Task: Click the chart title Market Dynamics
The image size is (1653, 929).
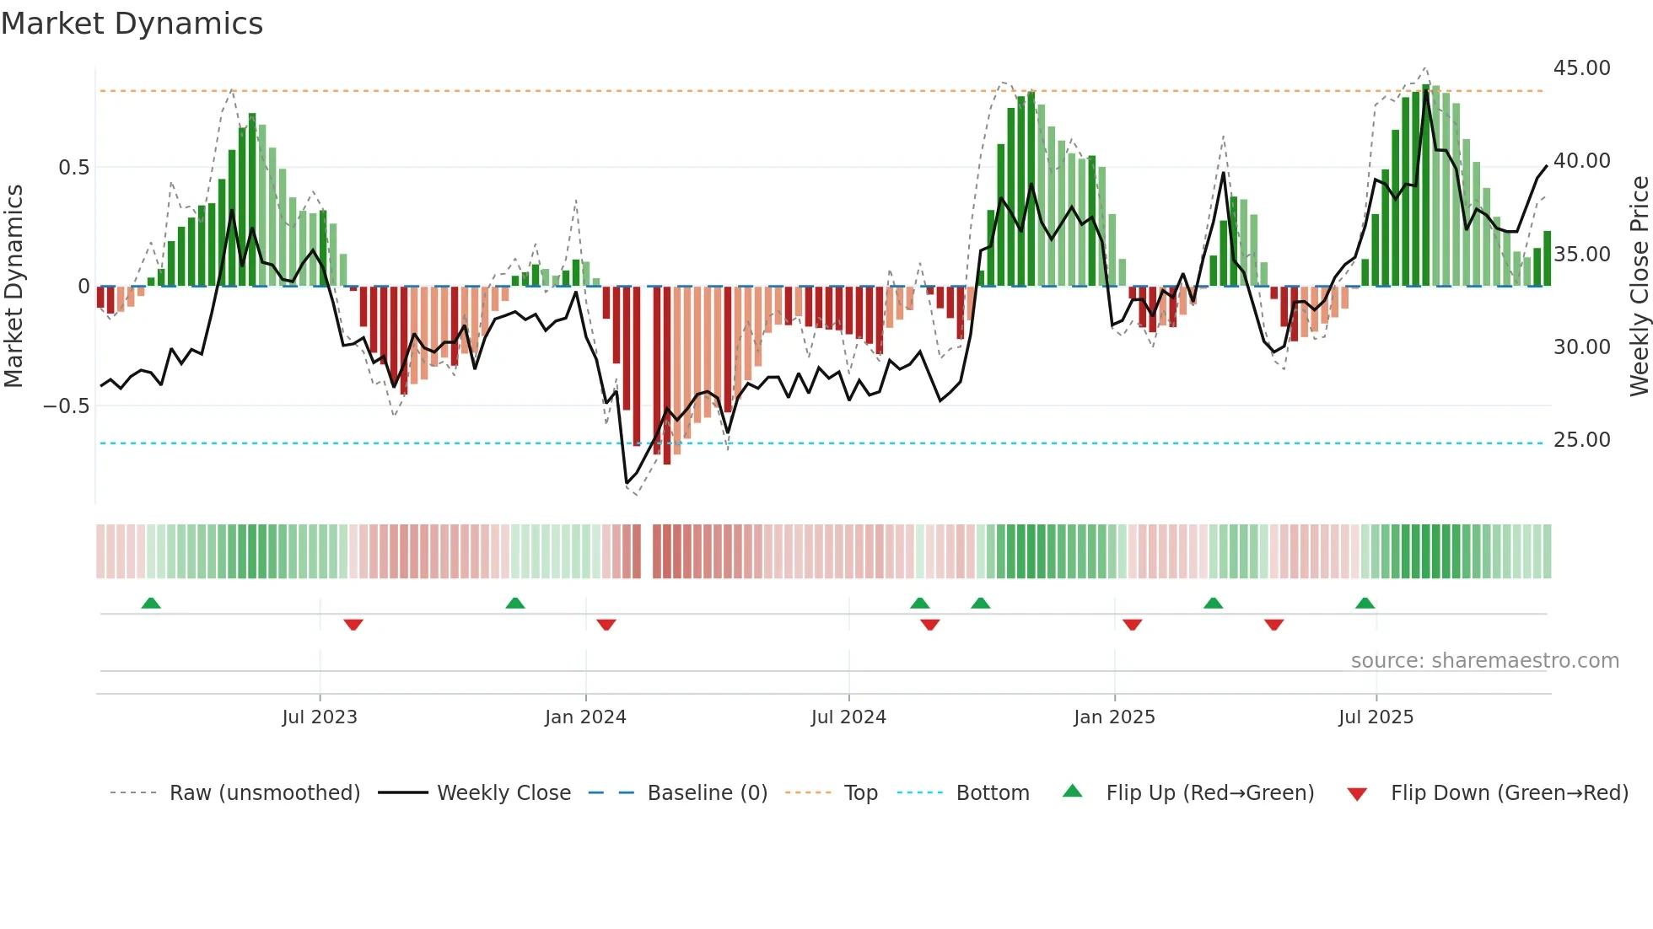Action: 132,24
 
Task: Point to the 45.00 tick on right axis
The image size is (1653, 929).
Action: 1581,68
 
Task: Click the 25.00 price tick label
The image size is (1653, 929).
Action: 1581,440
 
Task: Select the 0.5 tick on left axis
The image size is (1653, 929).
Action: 73,168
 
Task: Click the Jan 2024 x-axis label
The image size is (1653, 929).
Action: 585,717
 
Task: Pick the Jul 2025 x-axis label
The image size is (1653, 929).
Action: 1376,717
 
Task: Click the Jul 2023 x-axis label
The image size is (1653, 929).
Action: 320,717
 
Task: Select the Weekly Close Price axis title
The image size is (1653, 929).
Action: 1639,287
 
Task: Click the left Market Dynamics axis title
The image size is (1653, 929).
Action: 13,287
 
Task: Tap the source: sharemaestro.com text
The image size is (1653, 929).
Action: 1484,661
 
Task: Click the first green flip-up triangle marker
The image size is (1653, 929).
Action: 151,603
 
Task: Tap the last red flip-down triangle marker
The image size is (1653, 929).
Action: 1273,625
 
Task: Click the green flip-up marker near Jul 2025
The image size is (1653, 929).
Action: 1365,603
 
